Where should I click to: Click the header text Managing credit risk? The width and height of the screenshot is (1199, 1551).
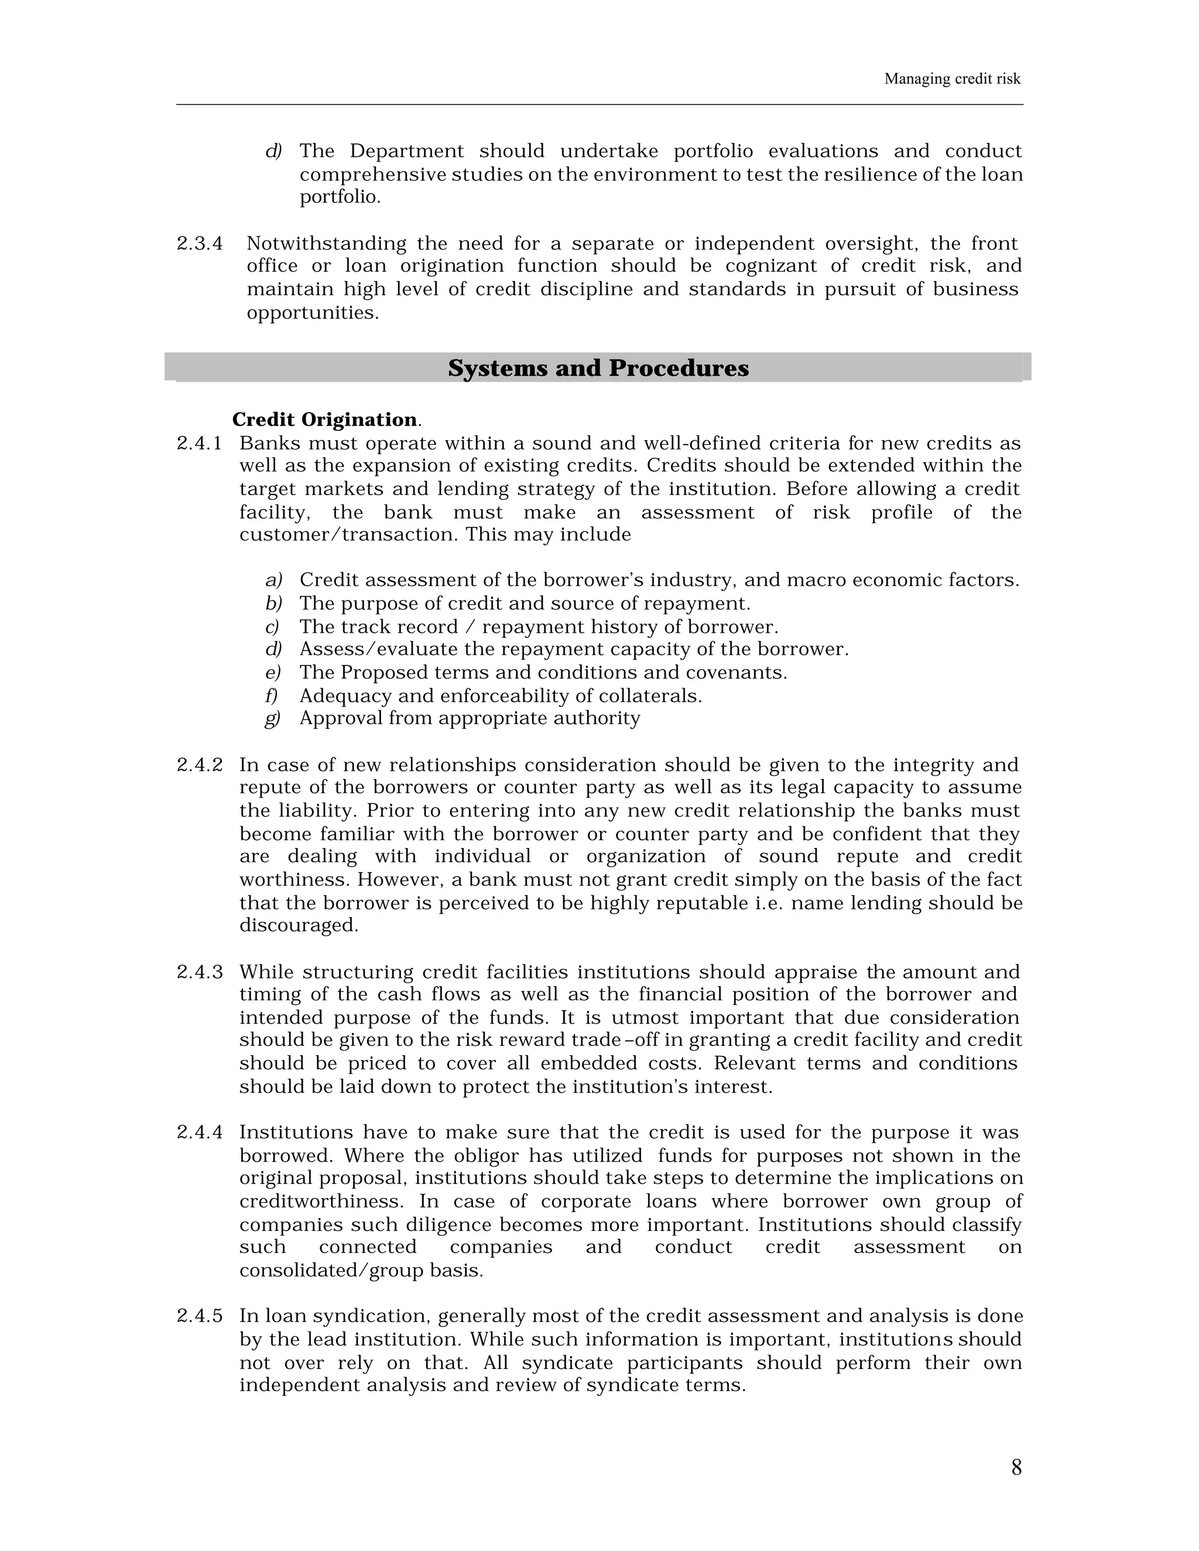click(952, 79)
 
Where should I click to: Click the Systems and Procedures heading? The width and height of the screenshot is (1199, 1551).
click(598, 368)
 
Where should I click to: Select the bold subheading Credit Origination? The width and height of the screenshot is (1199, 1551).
click(324, 420)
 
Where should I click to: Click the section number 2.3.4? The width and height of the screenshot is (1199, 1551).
click(199, 243)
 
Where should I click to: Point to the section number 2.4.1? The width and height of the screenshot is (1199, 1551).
click(199, 443)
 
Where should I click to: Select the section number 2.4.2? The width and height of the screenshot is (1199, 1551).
click(199, 765)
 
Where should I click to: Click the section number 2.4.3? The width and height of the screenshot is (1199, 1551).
click(199, 972)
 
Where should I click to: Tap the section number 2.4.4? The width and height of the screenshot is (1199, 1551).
click(199, 1132)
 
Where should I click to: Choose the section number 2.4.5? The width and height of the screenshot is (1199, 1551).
click(199, 1316)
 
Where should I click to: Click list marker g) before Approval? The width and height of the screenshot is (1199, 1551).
click(273, 718)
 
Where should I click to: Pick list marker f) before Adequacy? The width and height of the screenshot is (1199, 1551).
click(271, 695)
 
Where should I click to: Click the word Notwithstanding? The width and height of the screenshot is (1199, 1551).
click(326, 243)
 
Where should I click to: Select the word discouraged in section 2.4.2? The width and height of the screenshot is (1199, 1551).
click(299, 925)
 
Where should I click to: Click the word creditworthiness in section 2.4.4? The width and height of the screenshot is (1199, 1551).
click(321, 1201)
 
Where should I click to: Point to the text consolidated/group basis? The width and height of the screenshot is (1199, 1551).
click(361, 1270)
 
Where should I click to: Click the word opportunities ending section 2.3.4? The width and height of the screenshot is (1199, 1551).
click(312, 313)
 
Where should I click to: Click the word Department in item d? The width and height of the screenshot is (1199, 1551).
click(406, 151)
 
